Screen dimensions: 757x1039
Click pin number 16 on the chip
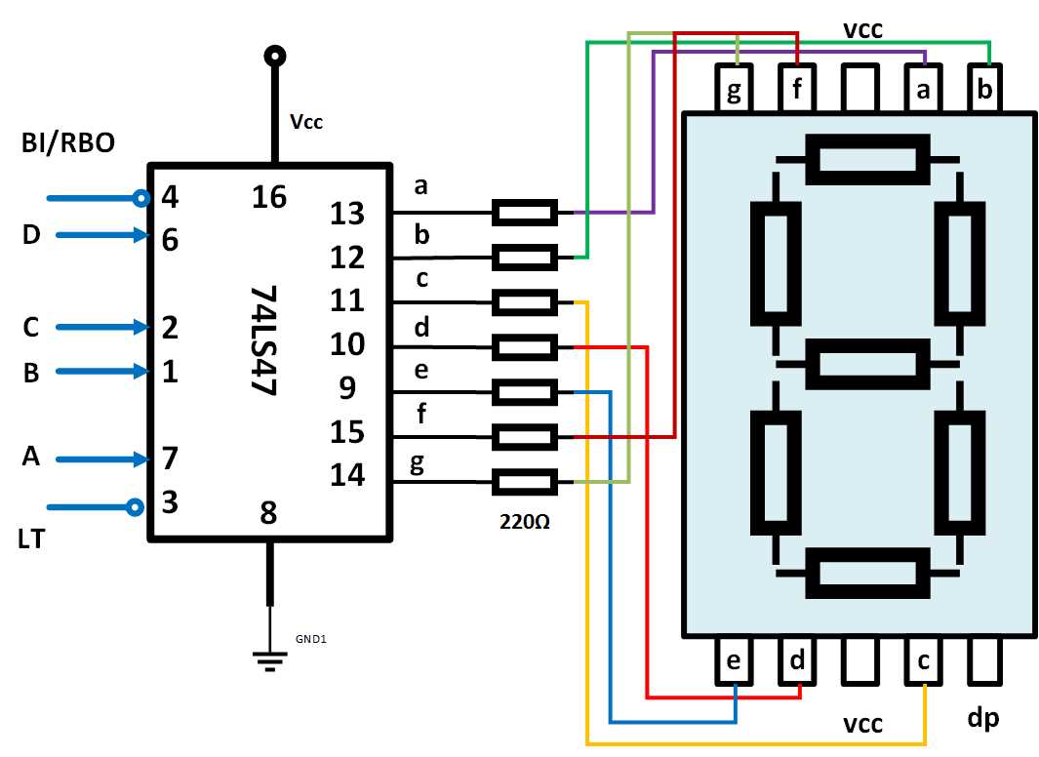[269, 197]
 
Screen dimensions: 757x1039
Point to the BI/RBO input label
[68, 143]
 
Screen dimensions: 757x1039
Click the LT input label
[31, 538]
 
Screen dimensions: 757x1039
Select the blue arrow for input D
[98, 235]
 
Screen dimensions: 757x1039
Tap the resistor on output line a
[525, 212]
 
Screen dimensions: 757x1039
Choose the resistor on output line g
[525, 482]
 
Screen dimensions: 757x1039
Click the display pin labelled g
[736, 91]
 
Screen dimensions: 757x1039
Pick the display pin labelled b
[985, 91]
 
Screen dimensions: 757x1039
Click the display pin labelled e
[735, 660]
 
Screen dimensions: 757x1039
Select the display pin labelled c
[923, 660]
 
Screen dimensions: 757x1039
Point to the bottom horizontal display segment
[867, 572]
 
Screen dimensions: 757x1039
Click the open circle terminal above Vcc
[274, 55]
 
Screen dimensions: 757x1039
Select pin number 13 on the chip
[347, 213]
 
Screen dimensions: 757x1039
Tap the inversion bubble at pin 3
[136, 506]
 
